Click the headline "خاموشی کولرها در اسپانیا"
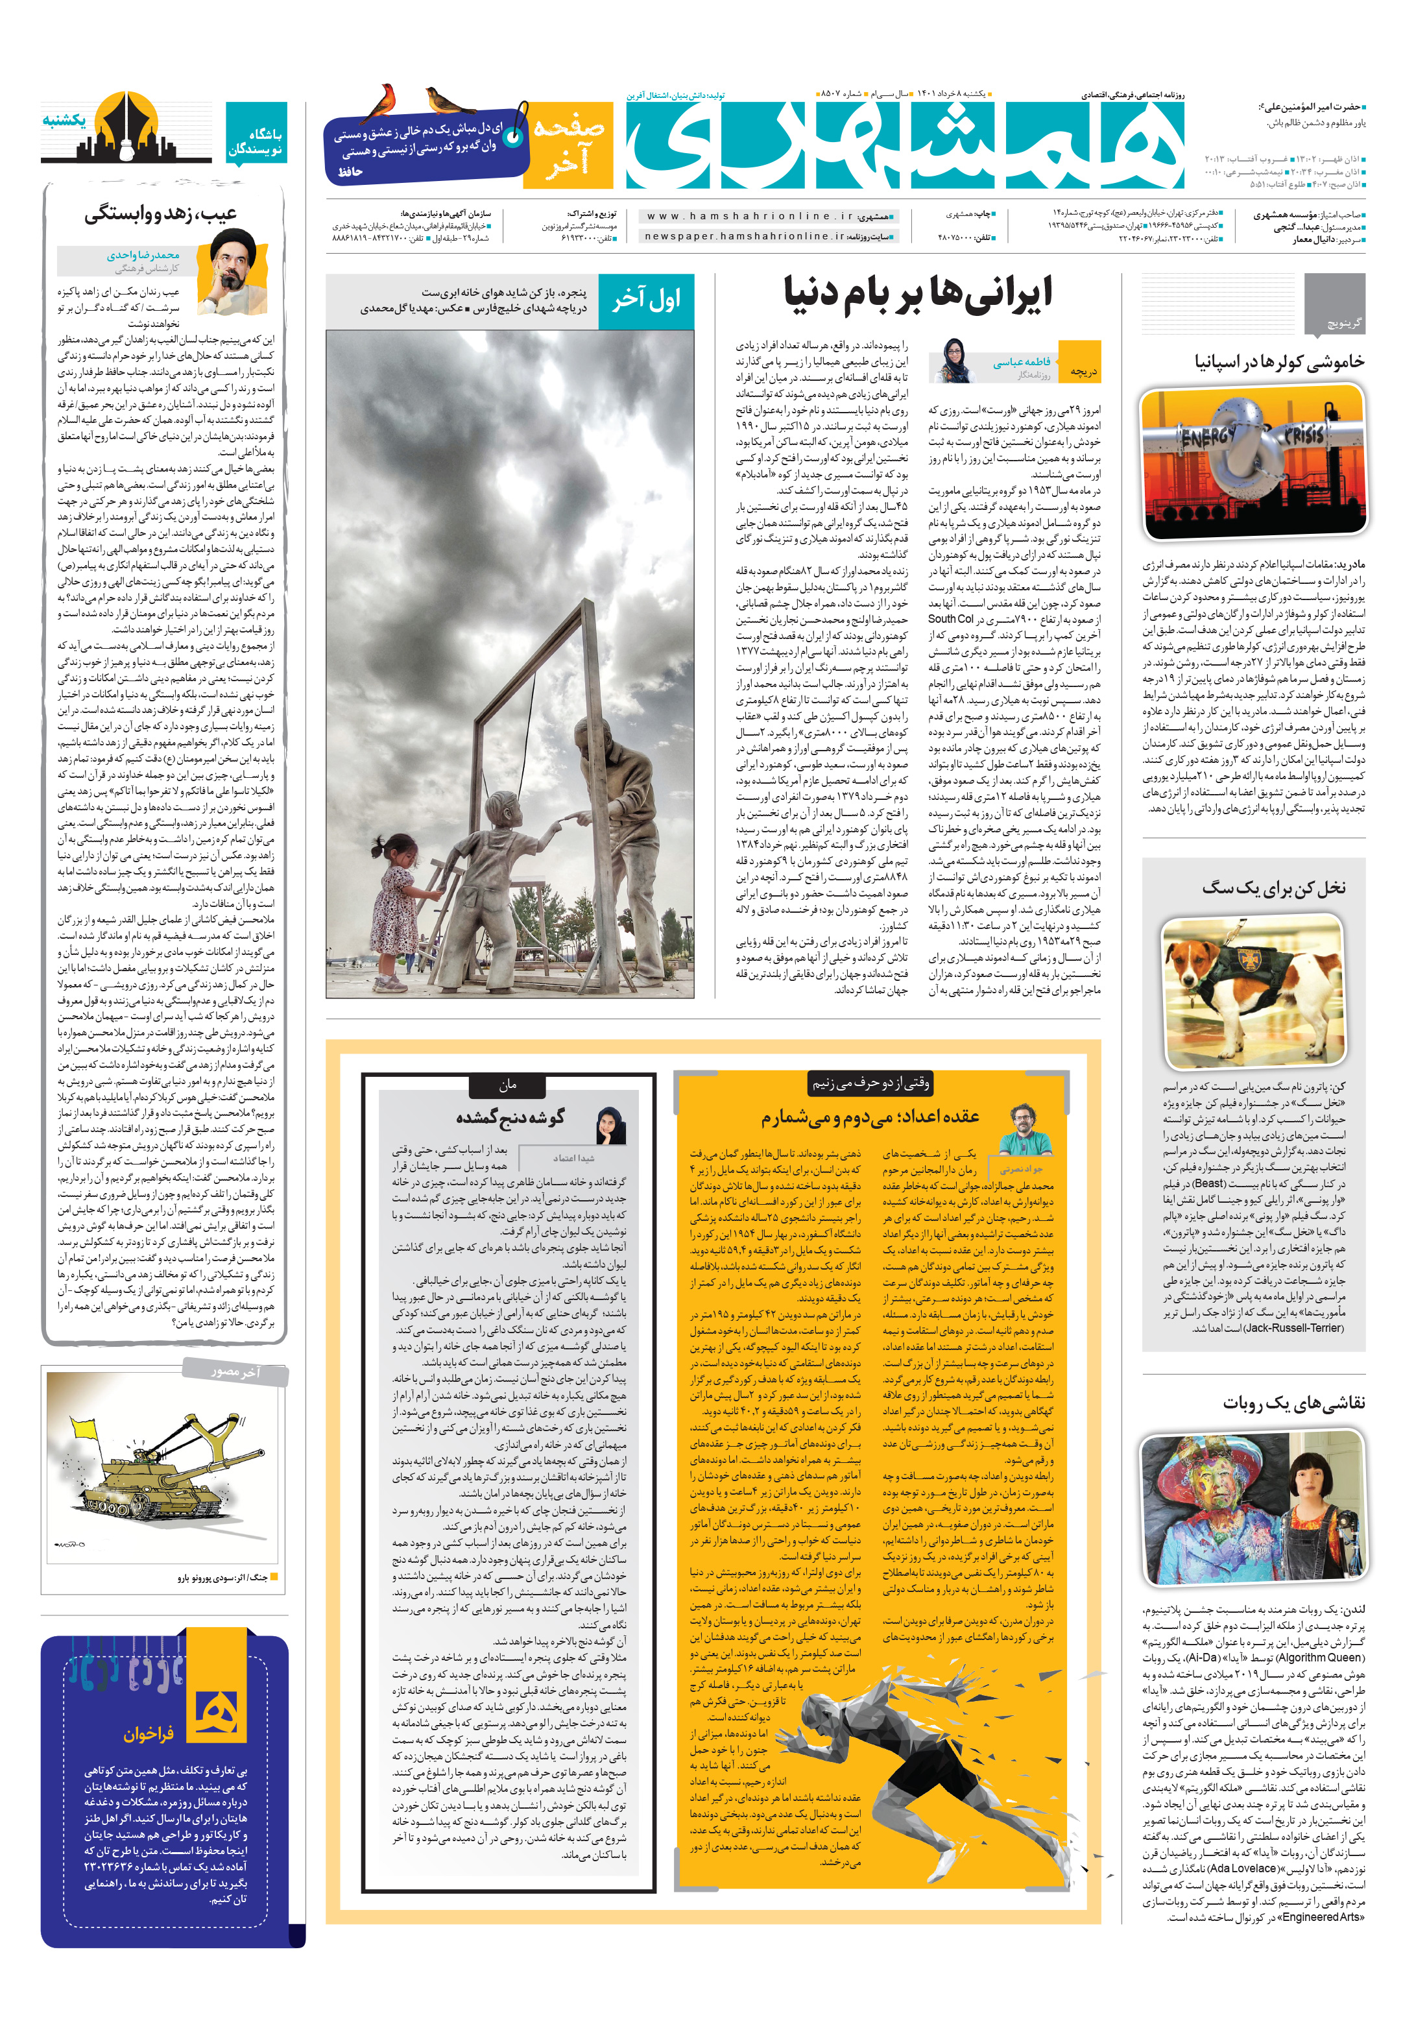(1266, 363)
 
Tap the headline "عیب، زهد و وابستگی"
(161, 214)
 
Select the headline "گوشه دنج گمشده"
(510, 1117)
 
